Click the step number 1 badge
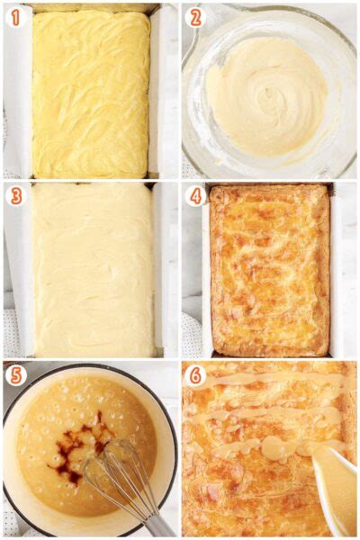tap(15, 17)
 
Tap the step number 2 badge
tap(195, 17)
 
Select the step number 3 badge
tap(15, 196)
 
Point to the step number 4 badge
tap(195, 196)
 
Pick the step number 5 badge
tap(15, 375)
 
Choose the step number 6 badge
tap(195, 375)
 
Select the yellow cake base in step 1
tap(91, 93)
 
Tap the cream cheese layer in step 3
tap(93, 270)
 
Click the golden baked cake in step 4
tap(269, 270)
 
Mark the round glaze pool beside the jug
tap(275, 446)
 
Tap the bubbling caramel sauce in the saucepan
tap(51, 413)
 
